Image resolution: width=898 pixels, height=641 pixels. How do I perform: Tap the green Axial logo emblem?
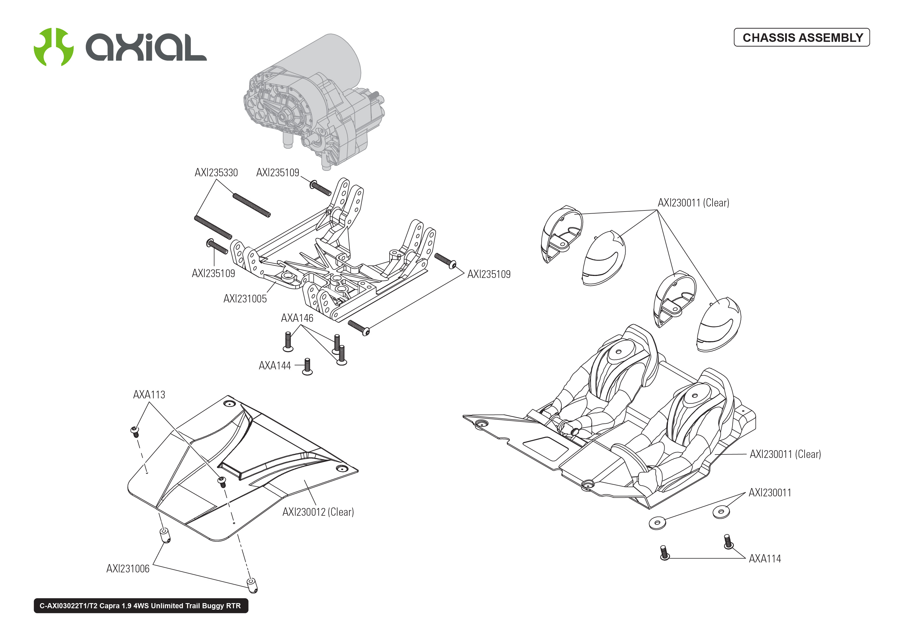[x=53, y=47]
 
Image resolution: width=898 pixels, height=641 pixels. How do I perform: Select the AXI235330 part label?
[x=216, y=173]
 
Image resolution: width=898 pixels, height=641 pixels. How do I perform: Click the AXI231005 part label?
[x=245, y=299]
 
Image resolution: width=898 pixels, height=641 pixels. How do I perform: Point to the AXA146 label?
[x=297, y=318]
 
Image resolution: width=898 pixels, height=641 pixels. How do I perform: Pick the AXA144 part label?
[x=274, y=366]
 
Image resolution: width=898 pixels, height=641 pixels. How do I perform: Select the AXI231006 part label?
[x=128, y=569]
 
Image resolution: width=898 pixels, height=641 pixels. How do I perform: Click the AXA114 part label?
[x=765, y=559]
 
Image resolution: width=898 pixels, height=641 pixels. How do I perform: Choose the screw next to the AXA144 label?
[x=307, y=366]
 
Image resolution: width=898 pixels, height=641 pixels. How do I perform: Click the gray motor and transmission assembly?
[x=312, y=103]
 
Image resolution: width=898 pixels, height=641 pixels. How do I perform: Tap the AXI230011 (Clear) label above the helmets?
[x=693, y=203]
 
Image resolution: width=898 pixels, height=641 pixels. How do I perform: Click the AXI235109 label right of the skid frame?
[x=488, y=274]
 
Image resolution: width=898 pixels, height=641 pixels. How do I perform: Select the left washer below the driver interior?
[x=657, y=523]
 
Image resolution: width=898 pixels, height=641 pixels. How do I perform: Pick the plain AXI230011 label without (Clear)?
[x=770, y=493]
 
